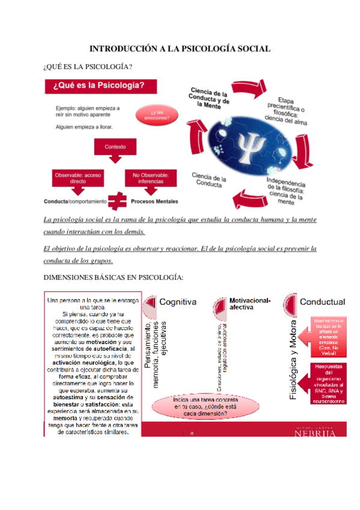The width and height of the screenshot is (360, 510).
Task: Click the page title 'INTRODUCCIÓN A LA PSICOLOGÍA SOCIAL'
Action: [x=180, y=48]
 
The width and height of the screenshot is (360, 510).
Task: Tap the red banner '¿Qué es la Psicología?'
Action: [x=99, y=86]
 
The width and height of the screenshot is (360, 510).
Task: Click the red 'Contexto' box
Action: [x=115, y=147]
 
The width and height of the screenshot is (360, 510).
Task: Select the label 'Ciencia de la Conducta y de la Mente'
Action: [x=208, y=99]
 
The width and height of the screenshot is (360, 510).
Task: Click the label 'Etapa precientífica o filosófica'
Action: [x=287, y=109]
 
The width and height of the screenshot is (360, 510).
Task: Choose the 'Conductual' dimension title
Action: [x=322, y=301]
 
